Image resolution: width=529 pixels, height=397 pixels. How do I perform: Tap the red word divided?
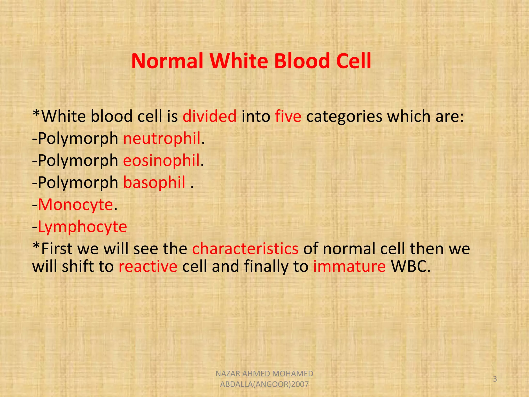click(x=209, y=116)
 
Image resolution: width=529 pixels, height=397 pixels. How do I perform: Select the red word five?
click(x=288, y=116)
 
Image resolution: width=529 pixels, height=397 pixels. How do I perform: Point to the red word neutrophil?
click(x=162, y=139)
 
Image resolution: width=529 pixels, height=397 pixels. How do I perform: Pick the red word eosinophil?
click(x=161, y=161)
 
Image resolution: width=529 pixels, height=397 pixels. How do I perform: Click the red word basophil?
click(x=154, y=182)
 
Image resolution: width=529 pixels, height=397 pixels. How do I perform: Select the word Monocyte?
click(x=75, y=205)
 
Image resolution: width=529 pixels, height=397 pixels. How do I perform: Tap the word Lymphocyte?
click(x=82, y=227)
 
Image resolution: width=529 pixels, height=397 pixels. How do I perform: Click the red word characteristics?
click(x=245, y=249)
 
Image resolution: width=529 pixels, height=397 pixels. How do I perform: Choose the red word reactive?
click(x=148, y=266)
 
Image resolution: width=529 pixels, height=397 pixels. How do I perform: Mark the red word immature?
click(x=349, y=266)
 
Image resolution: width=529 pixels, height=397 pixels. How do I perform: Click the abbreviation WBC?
click(x=410, y=266)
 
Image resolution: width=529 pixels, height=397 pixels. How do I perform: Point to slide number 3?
click(x=495, y=379)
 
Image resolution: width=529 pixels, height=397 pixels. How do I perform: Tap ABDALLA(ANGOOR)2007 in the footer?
click(x=264, y=384)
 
